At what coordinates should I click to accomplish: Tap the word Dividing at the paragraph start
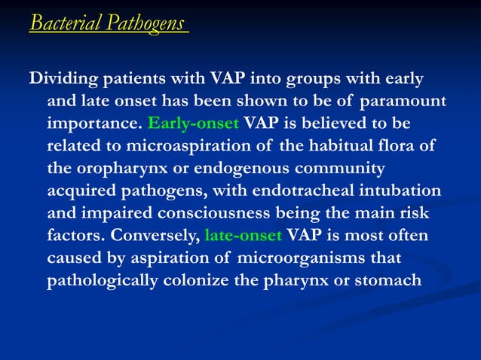click(60, 78)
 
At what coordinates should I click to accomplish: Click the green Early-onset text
click(194, 122)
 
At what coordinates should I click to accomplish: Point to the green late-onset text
click(243, 235)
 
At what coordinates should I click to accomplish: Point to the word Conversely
click(156, 235)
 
